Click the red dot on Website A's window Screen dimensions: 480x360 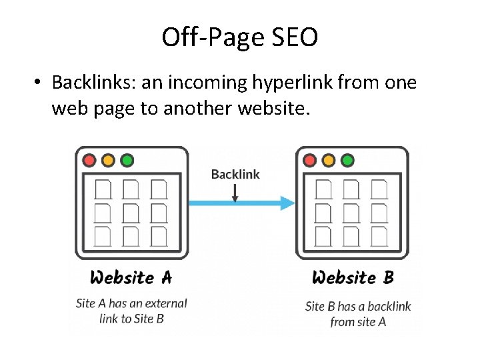click(89, 161)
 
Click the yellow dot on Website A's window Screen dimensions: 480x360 click(108, 161)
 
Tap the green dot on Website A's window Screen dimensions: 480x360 click(127, 161)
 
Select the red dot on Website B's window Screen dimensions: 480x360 click(309, 161)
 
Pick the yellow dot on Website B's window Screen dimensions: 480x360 click(328, 161)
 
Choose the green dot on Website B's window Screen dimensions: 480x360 click(347, 161)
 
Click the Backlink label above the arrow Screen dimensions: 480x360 click(235, 175)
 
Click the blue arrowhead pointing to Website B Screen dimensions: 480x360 click(287, 203)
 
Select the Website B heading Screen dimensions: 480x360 click(352, 277)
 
